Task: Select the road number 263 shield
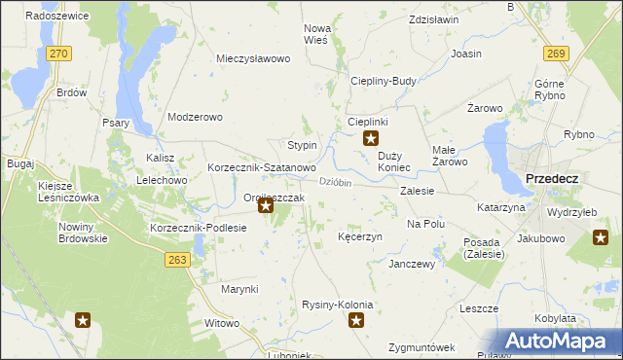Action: tap(176, 260)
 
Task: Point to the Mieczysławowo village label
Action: tap(254, 58)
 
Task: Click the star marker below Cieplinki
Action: tap(370, 139)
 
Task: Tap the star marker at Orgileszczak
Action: tap(264, 206)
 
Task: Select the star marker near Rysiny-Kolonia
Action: tap(357, 320)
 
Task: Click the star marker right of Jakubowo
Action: tap(601, 236)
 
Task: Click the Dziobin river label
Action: tap(335, 181)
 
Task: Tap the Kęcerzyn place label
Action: tap(359, 236)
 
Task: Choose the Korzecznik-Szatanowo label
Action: tap(261, 168)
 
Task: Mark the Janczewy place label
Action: tap(411, 264)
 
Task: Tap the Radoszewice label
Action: tap(57, 17)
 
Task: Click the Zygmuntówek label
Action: tap(421, 347)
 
